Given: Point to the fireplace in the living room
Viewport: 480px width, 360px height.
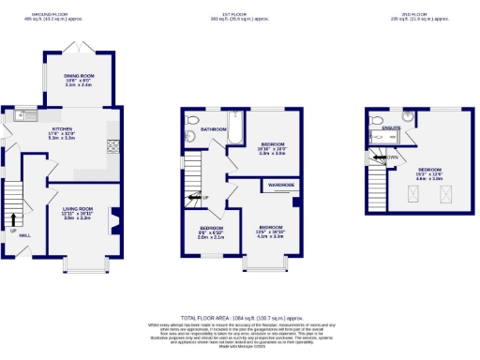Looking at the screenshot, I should click(116, 223).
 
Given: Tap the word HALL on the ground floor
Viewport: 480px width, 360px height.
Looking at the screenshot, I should click(25, 235).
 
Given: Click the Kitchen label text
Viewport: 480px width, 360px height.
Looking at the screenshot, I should click(62, 131).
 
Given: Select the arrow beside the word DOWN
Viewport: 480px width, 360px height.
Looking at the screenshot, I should click(378, 157).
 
